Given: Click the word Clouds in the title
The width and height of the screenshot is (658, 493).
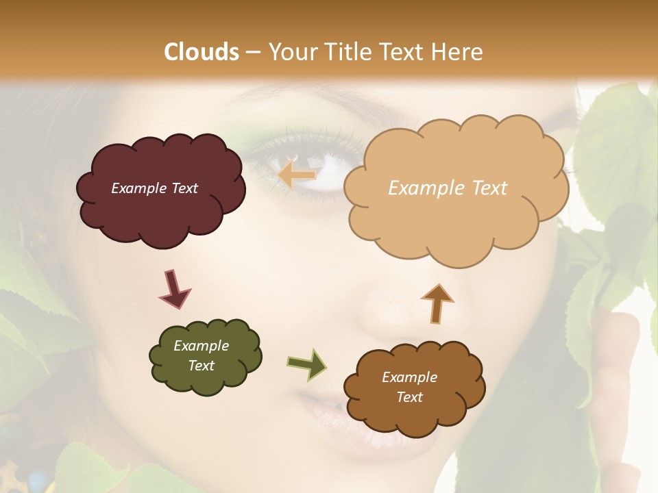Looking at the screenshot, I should coord(201,52).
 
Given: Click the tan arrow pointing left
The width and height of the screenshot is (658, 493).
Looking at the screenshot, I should coord(297,175).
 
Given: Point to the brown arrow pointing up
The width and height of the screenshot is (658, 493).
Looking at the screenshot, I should coord(437,303).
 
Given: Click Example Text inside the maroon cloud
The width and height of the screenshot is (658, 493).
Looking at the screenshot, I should coord(154,188).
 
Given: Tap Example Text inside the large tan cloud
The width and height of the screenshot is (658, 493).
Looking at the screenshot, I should coord(448,188).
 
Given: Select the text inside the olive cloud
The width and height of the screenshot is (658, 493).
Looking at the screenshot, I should coord(201,355).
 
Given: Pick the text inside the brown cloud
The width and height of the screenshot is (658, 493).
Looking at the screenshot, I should coord(409,387).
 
